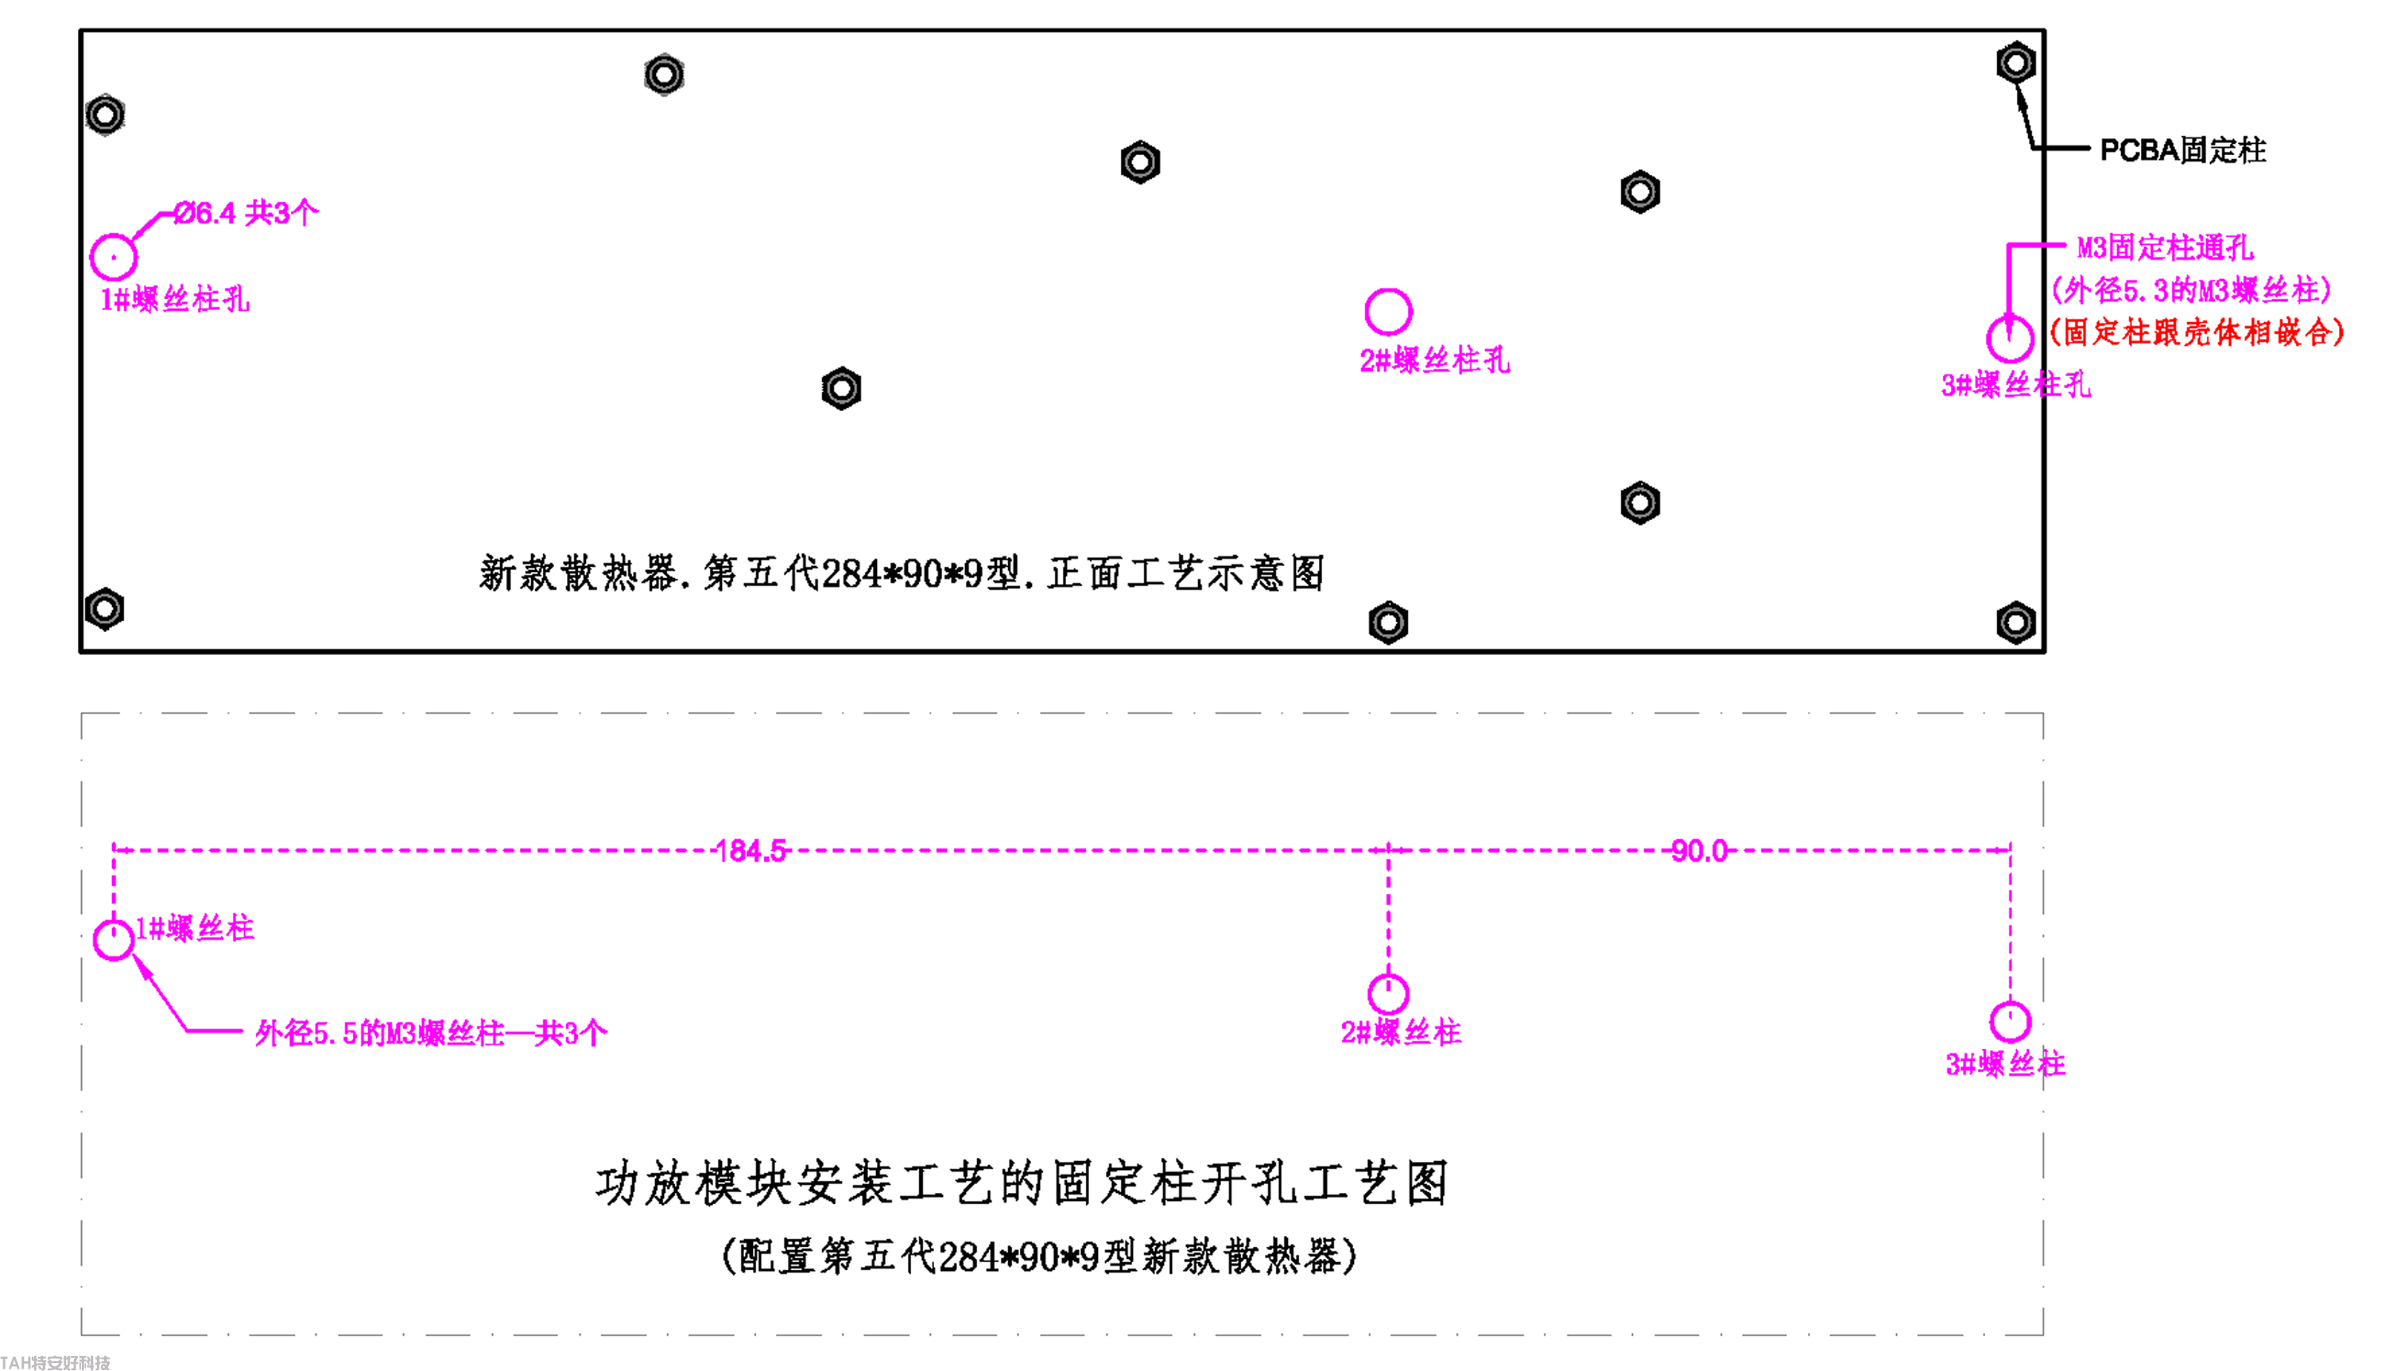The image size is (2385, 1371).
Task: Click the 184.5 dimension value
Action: point(750,851)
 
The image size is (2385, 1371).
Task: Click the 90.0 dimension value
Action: point(1699,851)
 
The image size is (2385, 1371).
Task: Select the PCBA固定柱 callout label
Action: point(2181,149)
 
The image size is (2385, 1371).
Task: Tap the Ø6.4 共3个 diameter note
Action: point(246,213)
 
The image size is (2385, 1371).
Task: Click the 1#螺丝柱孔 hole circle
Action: point(113,257)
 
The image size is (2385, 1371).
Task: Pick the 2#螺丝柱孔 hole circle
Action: point(1388,312)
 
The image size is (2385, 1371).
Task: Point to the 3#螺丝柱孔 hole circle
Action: point(2009,339)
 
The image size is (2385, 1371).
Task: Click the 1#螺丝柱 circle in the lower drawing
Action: point(113,939)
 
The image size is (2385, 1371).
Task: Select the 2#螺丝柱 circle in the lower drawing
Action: point(1388,993)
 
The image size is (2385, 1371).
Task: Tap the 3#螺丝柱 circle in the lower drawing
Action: point(2009,1021)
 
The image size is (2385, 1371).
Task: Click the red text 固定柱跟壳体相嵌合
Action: point(2197,331)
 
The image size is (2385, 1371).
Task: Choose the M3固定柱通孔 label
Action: point(2165,248)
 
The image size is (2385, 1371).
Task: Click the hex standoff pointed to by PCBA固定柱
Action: point(2015,63)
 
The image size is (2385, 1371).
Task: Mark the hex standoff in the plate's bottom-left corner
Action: point(104,610)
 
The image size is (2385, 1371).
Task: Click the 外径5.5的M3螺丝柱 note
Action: point(430,1033)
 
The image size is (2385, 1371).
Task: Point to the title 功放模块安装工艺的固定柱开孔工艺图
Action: point(1022,1183)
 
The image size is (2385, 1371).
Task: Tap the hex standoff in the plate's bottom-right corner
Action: point(2015,622)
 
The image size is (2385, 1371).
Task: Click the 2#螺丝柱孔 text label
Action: point(1434,361)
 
